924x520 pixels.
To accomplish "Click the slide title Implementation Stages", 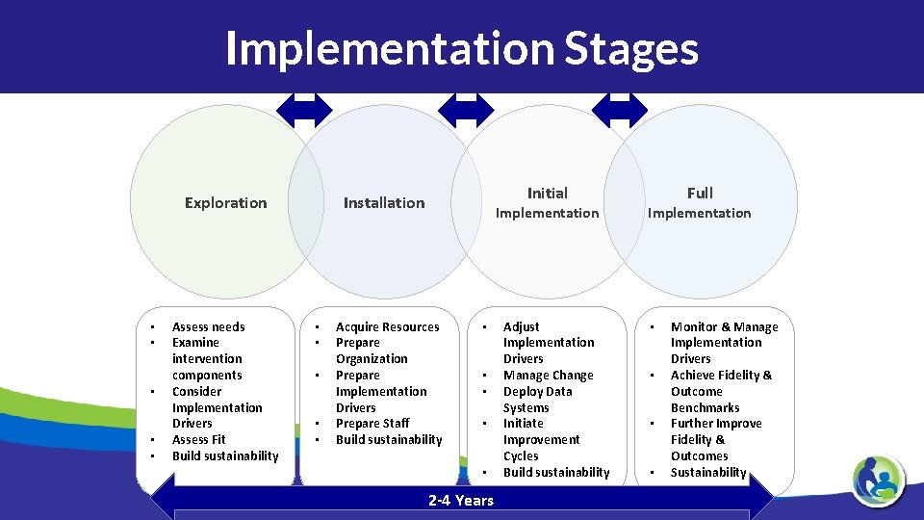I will coord(462,48).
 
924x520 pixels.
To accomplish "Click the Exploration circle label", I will coord(225,202).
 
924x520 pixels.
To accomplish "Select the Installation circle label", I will coord(384,202).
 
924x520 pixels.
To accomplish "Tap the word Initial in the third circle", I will coord(547,193).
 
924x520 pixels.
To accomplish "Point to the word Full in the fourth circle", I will coord(700,193).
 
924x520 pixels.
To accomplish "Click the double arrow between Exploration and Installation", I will coord(304,110).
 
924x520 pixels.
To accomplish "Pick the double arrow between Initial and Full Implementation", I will coord(620,110).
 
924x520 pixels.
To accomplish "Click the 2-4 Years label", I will coord(461,500).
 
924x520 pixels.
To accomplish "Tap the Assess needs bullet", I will coord(208,326).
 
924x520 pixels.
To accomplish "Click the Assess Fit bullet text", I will coord(198,439).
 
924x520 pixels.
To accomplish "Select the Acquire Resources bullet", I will coord(387,326).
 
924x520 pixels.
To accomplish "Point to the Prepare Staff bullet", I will coord(372,423).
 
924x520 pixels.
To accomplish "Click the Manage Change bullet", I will coord(548,375).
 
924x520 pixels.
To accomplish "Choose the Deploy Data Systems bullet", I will coord(537,399).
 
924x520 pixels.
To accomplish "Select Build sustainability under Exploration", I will coord(225,455).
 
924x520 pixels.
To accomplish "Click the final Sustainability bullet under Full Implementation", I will coord(708,472).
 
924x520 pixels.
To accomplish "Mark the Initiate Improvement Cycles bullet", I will coord(541,439).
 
